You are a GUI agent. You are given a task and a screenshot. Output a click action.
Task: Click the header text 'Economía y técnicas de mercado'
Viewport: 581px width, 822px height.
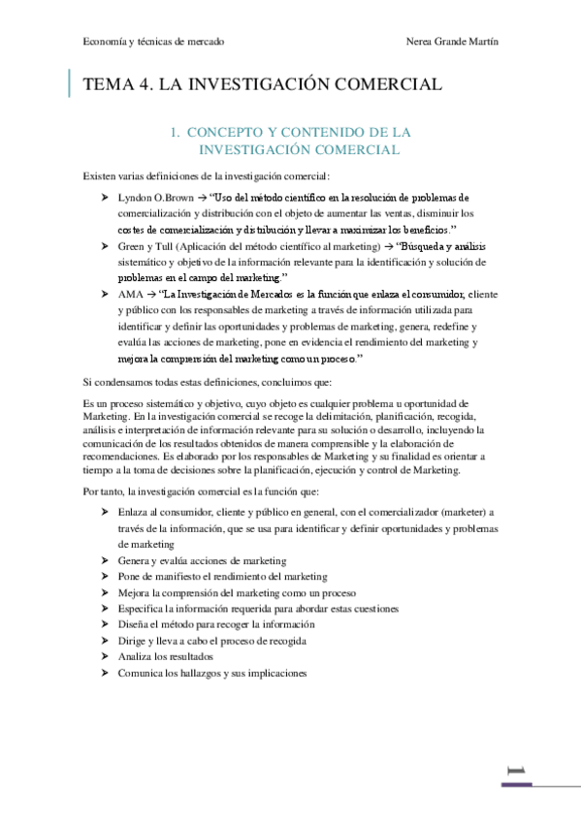point(153,43)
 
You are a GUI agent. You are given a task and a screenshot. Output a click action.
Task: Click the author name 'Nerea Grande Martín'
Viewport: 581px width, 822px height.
point(455,43)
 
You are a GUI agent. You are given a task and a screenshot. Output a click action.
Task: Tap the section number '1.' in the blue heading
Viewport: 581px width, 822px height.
point(177,131)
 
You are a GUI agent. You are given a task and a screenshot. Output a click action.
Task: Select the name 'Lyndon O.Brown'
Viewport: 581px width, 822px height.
point(153,197)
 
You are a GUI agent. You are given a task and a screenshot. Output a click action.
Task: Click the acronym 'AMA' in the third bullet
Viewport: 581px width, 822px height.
point(129,294)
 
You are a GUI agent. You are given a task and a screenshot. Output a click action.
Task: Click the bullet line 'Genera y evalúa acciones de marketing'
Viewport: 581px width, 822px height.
point(202,560)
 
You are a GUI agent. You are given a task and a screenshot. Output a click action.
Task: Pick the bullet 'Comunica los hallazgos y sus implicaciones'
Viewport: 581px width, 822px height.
point(211,671)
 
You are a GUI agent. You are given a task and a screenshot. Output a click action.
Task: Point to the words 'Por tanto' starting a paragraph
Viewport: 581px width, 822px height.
point(102,492)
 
